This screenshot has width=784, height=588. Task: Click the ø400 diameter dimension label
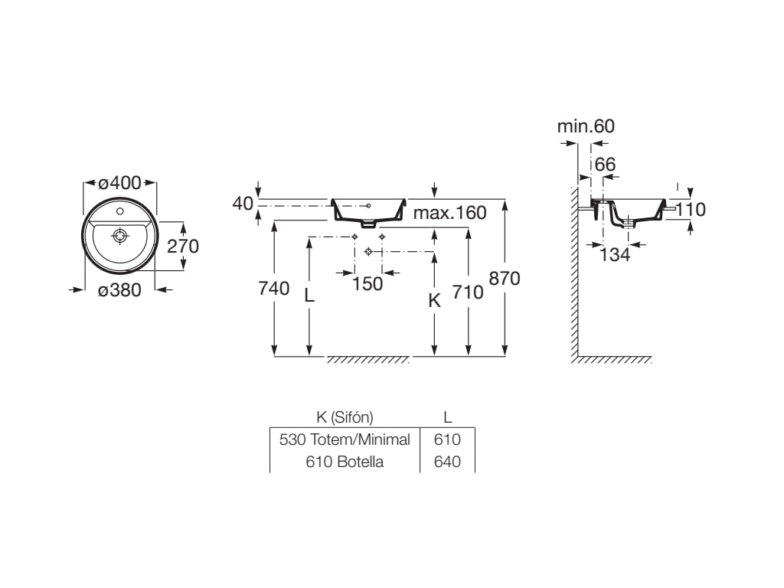coord(119,183)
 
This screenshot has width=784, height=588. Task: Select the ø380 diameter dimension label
coord(119,289)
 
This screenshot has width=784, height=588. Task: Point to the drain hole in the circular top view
coord(119,236)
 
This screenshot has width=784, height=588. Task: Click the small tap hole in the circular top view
coord(119,210)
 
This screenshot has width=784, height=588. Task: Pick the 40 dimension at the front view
coord(243,203)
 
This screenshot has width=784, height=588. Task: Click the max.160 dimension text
coord(449,213)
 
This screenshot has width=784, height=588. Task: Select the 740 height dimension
coord(273,288)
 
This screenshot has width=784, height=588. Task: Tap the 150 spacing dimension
coord(367,283)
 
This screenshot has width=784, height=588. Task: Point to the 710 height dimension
coord(468,292)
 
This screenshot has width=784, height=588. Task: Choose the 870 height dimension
coord(505,279)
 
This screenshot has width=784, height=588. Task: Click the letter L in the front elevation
coord(309,295)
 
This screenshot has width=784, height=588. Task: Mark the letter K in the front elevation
coord(434,301)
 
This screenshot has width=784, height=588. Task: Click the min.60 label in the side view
coord(586,126)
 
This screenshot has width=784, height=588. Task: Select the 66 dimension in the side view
coord(605,164)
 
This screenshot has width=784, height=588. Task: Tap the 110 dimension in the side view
coord(690,209)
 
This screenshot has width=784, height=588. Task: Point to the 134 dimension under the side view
coord(615,255)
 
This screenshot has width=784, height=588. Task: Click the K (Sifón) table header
coord(345,417)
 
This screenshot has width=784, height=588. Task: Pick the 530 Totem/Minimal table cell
coord(345,439)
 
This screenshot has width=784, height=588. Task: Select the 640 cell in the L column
coord(447,462)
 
